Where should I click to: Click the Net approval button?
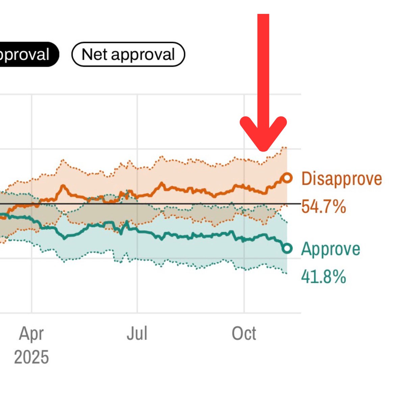[128, 54]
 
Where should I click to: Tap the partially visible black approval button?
[27, 54]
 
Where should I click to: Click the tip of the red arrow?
[263, 149]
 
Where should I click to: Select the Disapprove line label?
[342, 178]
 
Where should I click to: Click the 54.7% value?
[323, 206]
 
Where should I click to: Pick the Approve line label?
[330, 249]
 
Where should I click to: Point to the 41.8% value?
[323, 277]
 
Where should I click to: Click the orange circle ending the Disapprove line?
[287, 178]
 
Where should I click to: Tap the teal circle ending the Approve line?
[287, 249]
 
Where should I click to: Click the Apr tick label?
[31, 333]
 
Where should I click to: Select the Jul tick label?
[137, 333]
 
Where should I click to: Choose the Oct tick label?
[244, 333]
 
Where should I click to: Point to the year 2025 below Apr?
[31, 357]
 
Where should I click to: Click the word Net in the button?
[94, 54]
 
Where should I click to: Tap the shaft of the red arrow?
[263, 67]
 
